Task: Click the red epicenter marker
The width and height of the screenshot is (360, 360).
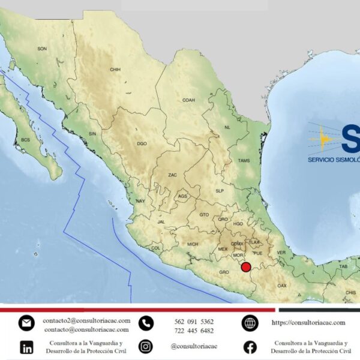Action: pyautogui.click(x=245, y=267)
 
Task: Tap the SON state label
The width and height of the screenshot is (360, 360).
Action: pyautogui.click(x=42, y=49)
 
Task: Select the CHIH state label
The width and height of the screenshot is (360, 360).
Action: pyautogui.click(x=115, y=70)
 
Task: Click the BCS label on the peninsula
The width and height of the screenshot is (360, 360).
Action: pyautogui.click(x=25, y=140)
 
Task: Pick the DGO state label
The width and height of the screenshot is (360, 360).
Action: pyautogui.click(x=142, y=144)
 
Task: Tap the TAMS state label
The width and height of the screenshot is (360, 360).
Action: pyautogui.click(x=244, y=160)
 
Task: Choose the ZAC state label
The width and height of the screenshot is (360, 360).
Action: pyautogui.click(x=172, y=175)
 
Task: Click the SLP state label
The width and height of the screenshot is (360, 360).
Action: pyautogui.click(x=219, y=191)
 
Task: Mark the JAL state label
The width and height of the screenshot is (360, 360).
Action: pyautogui.click(x=161, y=221)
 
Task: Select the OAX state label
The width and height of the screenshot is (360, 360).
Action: pyautogui.click(x=282, y=286)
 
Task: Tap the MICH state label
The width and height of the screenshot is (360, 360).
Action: pyautogui.click(x=193, y=244)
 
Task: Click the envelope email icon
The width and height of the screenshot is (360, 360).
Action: pyautogui.click(x=26, y=323)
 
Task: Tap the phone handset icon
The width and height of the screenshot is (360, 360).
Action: pyautogui.click(x=146, y=323)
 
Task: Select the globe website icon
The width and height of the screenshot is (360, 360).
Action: pyautogui.click(x=250, y=323)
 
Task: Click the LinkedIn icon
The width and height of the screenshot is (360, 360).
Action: pyautogui.click(x=26, y=347)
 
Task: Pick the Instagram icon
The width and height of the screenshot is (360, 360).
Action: pyautogui.click(x=146, y=346)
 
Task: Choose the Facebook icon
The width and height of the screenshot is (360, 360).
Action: pyautogui.click(x=250, y=347)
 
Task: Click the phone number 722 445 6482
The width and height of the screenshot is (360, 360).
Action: pyautogui.click(x=194, y=331)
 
